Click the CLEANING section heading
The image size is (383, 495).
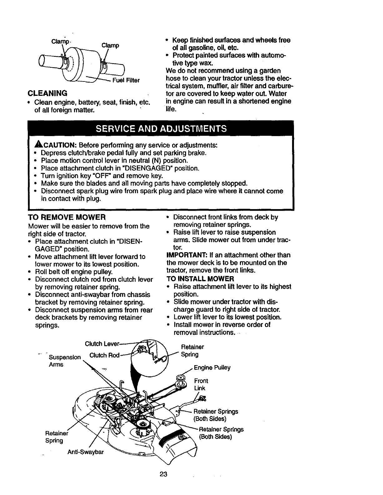[47, 93]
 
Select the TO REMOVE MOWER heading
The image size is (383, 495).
[67, 217]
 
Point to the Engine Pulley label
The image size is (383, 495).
[212, 368]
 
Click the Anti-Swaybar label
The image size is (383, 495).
[85, 452]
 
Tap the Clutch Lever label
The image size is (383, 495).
[102, 344]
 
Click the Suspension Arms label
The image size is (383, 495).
[65, 361]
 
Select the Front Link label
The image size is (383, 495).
[201, 385]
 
